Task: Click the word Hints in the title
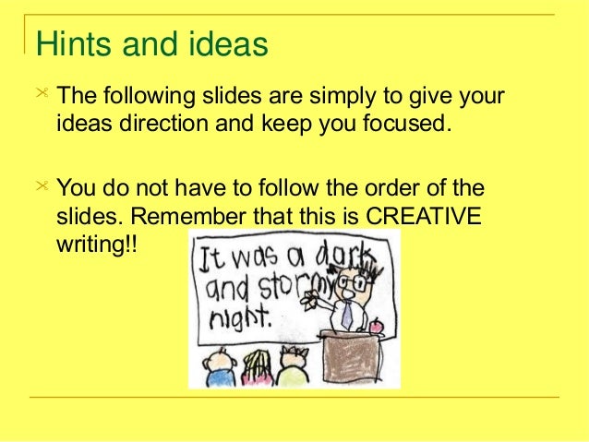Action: [66, 43]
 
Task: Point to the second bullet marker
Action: [41, 187]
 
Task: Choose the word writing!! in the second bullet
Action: [96, 246]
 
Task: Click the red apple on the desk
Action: [374, 326]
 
